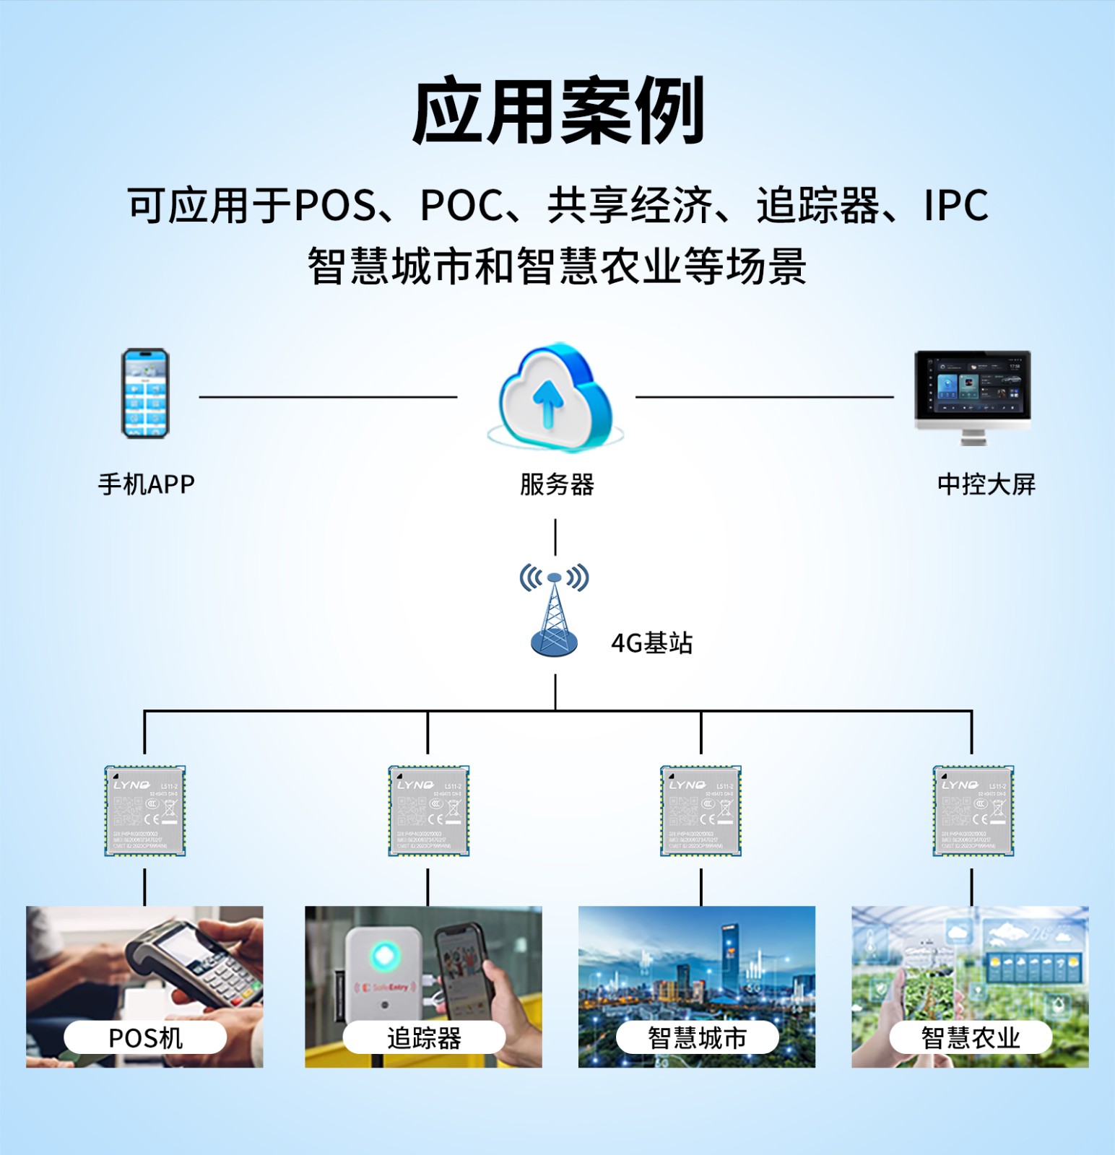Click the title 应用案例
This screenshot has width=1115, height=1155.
[557, 111]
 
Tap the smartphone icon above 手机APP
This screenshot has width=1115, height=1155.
[145, 393]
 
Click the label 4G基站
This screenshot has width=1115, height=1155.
[651, 642]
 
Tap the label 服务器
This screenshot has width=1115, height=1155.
[557, 484]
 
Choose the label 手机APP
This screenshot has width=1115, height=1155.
[147, 484]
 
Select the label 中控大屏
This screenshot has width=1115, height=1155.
[986, 484]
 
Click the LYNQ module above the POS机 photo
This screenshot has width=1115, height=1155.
[145, 811]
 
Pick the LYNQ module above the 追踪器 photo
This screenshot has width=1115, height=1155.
[429, 811]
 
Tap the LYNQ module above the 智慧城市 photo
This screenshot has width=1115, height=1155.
[700, 811]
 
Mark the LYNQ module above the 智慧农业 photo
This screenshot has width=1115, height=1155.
[973, 811]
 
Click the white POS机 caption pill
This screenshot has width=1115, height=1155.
[145, 1038]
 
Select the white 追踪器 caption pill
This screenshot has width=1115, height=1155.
[424, 1038]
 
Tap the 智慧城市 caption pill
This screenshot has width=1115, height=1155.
[697, 1038]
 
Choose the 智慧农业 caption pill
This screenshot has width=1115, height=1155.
[971, 1038]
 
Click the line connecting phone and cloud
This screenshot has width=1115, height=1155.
[328, 396]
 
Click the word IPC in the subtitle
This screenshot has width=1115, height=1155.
[955, 206]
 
